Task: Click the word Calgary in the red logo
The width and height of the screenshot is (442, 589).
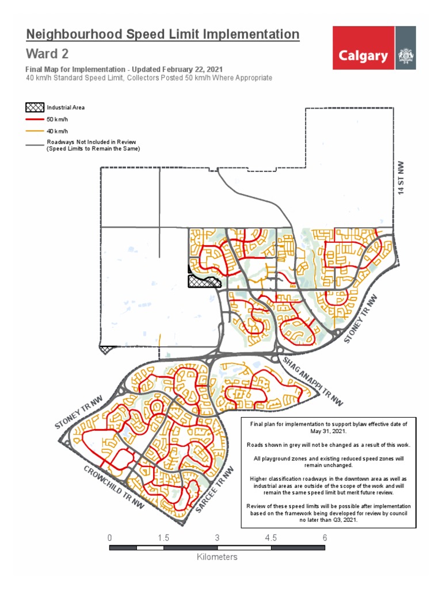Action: pos(363,56)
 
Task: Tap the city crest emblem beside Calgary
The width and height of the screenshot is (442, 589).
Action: pos(406,56)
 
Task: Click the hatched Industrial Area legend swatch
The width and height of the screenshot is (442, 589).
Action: pos(35,108)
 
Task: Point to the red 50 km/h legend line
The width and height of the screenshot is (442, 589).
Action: pos(35,120)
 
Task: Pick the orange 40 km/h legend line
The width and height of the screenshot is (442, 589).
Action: pos(35,131)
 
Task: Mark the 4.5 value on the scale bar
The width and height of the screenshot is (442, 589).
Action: pos(271,537)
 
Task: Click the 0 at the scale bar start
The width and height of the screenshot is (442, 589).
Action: pos(110,537)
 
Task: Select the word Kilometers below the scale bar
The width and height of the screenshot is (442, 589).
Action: pos(217,557)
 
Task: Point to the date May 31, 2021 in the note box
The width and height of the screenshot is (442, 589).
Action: pos(328,431)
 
